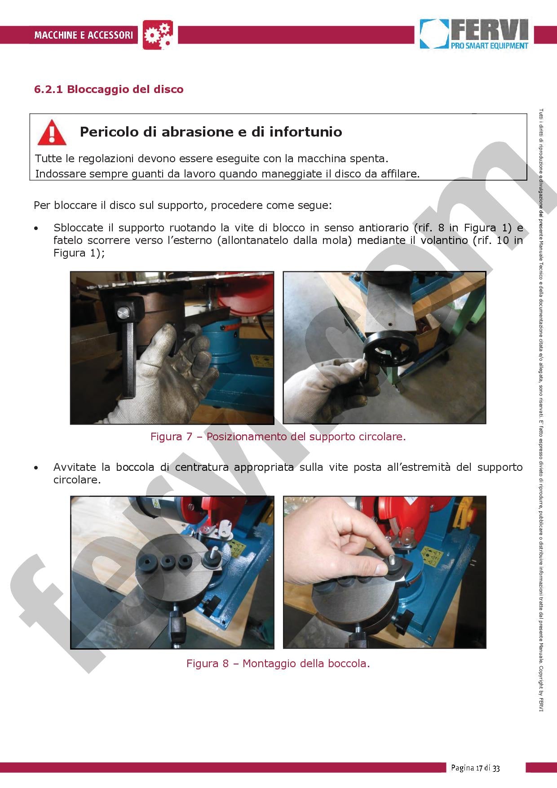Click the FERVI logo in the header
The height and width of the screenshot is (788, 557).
coord(474,34)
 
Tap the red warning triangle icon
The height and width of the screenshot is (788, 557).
coord(52,133)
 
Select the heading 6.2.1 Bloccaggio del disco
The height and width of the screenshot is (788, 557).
coord(109,89)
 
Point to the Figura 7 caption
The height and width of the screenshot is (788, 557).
coord(278,436)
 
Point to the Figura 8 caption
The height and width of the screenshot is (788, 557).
coord(278,663)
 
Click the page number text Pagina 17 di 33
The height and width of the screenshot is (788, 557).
coord(475,768)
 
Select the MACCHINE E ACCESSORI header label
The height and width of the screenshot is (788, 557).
coord(84,35)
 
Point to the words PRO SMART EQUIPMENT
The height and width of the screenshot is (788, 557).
coord(490,45)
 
